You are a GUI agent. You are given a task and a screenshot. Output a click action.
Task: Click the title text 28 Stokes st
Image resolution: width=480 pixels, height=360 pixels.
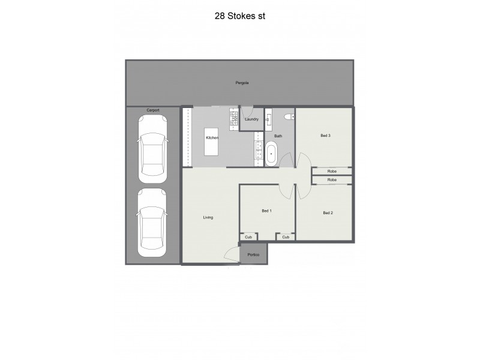[x=239, y=17]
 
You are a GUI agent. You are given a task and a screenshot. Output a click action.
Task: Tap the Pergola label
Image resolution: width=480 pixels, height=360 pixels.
[x=242, y=82]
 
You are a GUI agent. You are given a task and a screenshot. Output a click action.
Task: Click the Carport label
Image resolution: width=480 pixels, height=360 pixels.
[x=152, y=110]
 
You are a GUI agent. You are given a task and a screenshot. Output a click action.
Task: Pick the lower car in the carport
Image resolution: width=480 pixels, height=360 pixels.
[x=152, y=222]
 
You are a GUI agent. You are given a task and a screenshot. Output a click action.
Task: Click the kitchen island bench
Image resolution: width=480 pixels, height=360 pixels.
[x=212, y=141]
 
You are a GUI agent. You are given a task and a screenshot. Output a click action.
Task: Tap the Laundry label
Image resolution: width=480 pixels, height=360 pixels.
[x=252, y=119]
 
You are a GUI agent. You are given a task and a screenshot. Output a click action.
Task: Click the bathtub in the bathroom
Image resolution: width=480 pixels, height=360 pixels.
[x=272, y=154]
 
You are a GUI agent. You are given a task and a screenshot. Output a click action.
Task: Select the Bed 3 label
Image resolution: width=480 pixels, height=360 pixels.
[x=326, y=136]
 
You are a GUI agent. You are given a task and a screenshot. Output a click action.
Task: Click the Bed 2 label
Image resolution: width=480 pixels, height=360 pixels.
[x=328, y=213]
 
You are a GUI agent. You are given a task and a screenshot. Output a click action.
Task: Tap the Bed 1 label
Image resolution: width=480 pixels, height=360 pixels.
[x=267, y=211]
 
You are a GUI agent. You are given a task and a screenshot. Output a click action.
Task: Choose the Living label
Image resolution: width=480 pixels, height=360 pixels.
[x=208, y=217]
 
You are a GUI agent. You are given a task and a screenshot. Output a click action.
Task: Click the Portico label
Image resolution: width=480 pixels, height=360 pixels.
[x=254, y=255]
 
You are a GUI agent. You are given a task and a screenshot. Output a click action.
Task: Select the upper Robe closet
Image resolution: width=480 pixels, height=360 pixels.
[x=332, y=172]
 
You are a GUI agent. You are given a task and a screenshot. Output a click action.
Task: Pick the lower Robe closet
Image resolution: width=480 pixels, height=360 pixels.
[x=332, y=180]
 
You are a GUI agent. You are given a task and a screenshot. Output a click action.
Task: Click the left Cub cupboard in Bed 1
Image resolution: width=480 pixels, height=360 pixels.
[x=248, y=237]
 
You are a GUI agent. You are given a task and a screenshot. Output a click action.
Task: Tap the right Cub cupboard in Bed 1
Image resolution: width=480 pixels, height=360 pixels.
[x=286, y=237]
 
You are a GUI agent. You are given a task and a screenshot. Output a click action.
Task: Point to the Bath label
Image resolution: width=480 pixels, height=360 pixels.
[x=278, y=136]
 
